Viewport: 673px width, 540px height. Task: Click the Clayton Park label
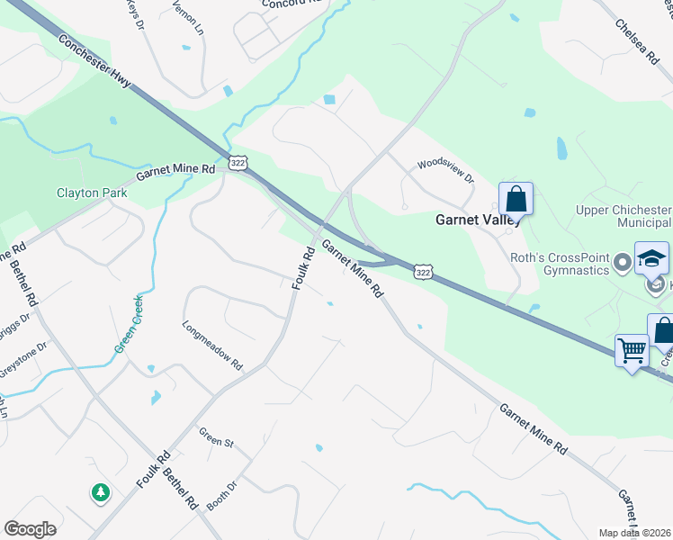click(92, 193)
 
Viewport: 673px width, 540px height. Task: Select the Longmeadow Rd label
click(212, 346)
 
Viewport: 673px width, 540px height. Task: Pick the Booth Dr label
click(220, 497)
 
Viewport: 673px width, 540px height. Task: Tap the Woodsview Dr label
click(444, 171)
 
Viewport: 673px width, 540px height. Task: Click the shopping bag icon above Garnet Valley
click(516, 197)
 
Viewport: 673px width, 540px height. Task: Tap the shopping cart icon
click(632, 349)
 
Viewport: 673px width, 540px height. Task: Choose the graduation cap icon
click(651, 258)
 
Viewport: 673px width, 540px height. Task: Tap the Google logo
click(30, 528)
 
